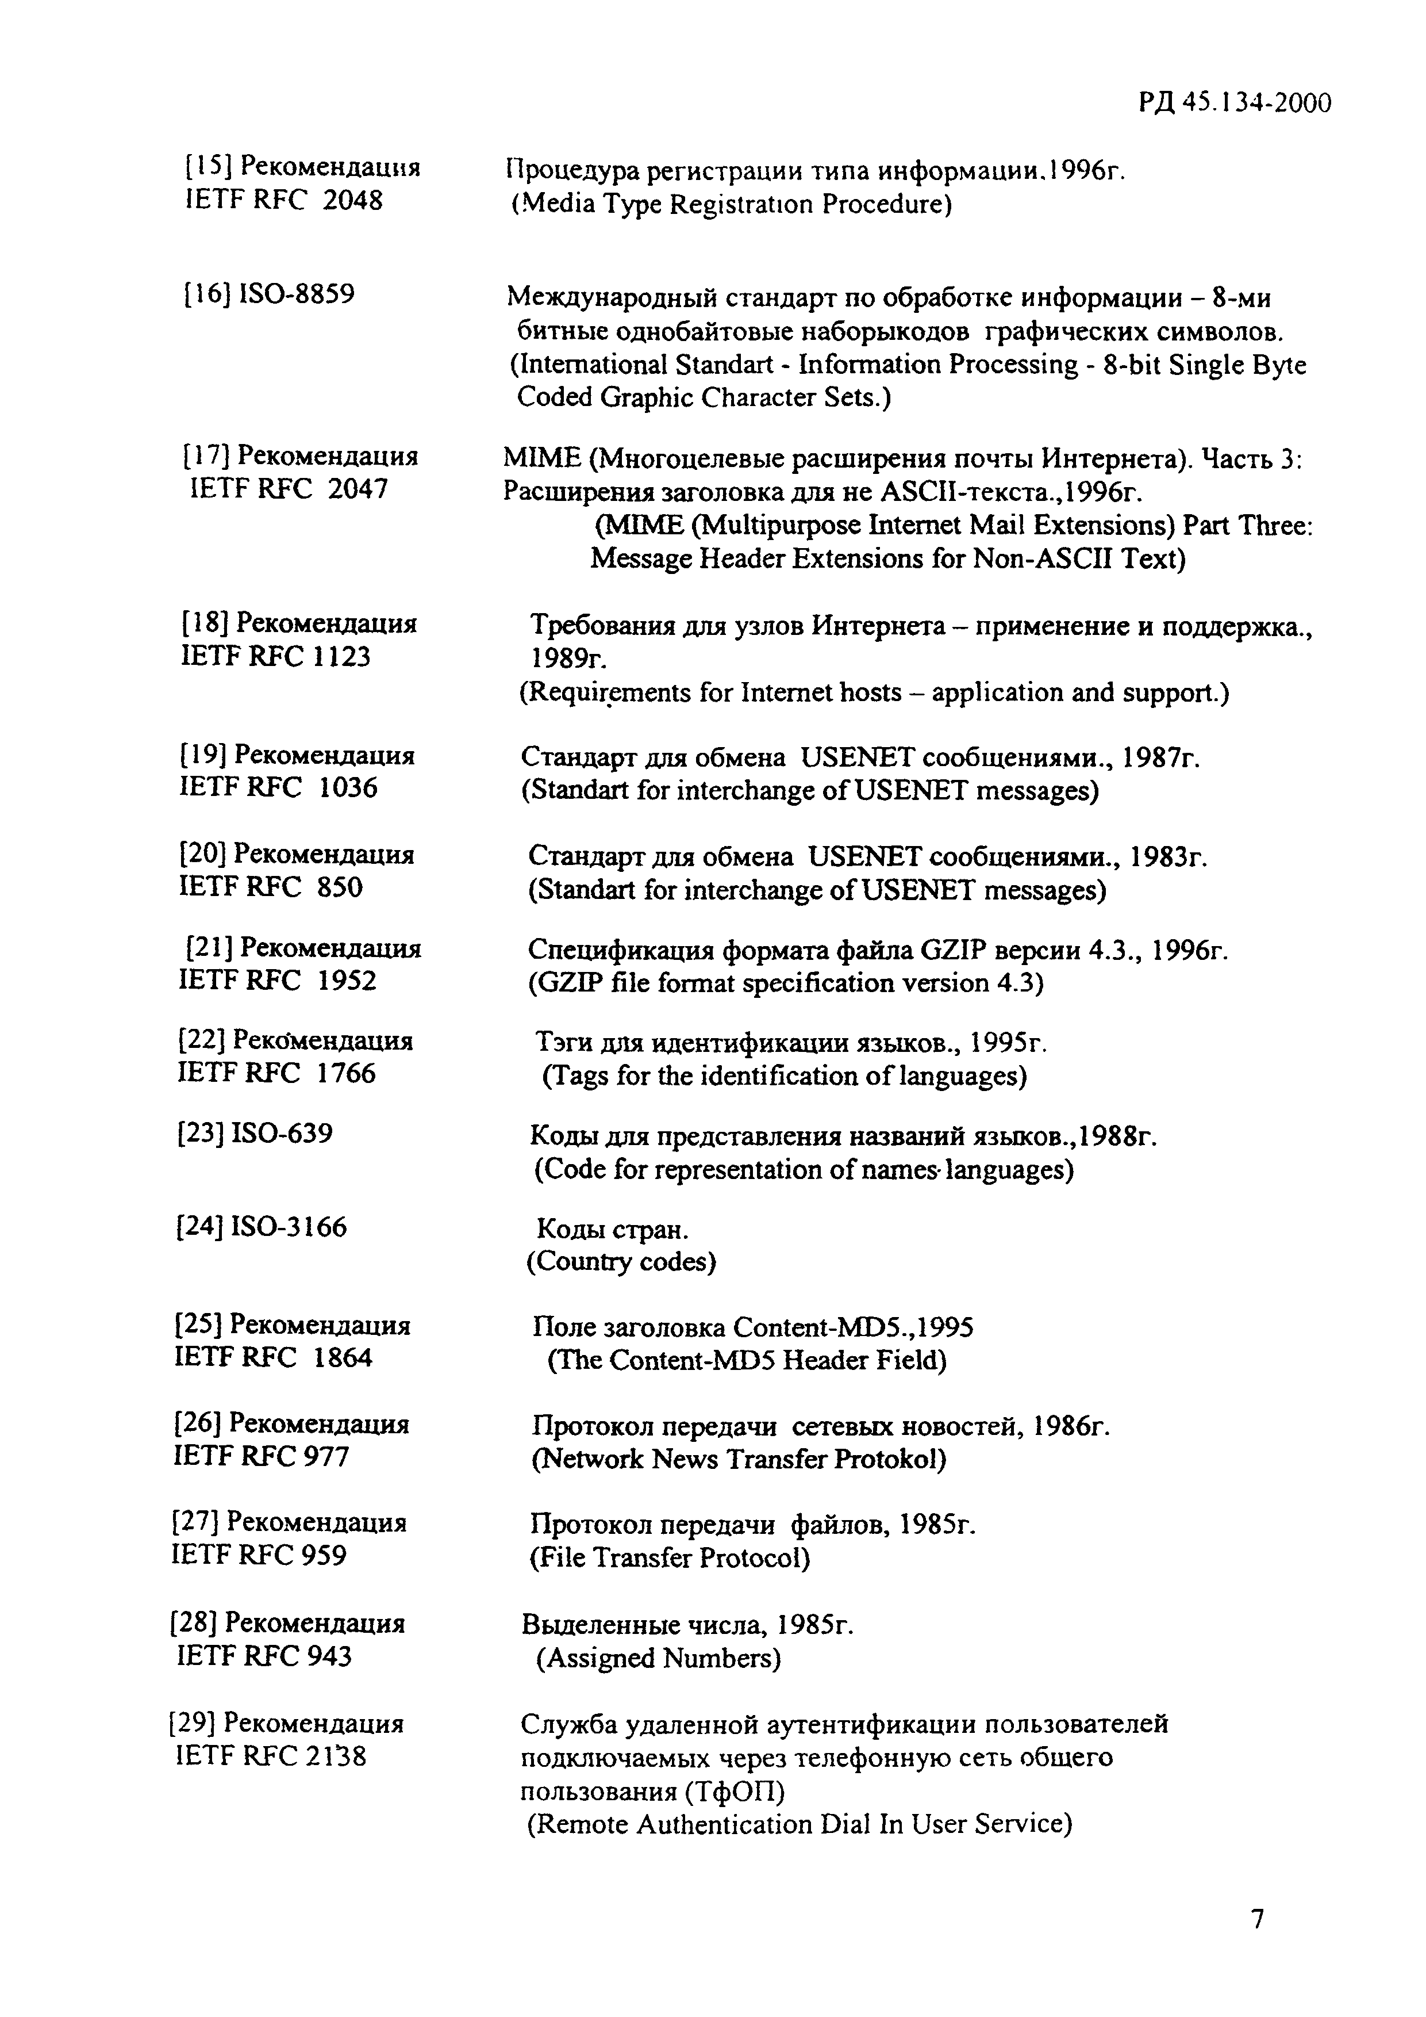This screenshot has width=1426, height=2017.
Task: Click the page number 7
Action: coord(1258,1919)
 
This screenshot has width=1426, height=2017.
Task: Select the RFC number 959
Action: coord(323,1555)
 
